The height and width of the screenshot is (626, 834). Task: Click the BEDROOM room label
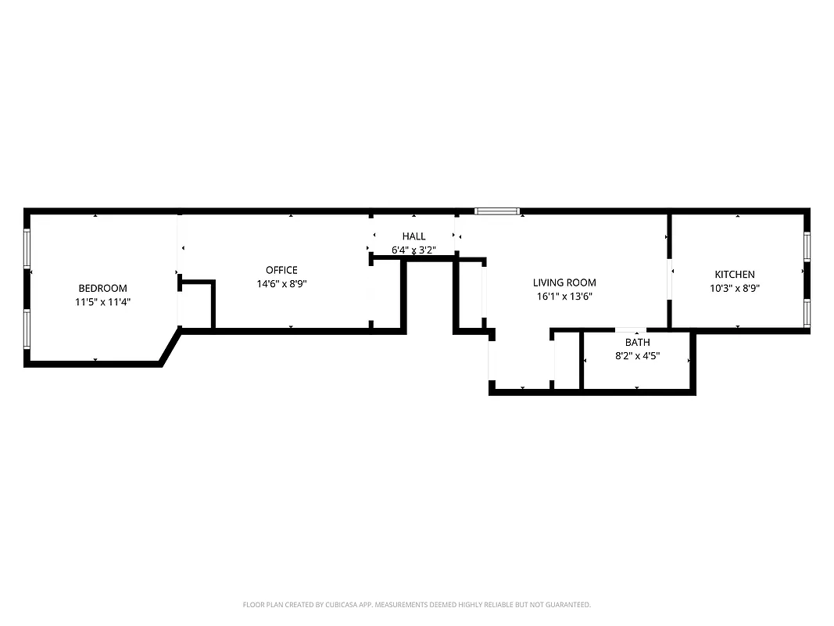pos(102,288)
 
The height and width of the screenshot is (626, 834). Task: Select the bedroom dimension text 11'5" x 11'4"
pos(102,301)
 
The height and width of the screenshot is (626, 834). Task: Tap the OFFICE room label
pos(281,270)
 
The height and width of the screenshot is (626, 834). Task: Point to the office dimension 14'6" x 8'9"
pos(281,284)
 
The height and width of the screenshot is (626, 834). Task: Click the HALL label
pos(413,236)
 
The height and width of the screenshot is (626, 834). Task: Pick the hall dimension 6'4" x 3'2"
pos(413,250)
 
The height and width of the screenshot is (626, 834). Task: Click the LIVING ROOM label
pos(564,282)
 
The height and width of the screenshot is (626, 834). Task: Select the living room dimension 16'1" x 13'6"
pos(564,297)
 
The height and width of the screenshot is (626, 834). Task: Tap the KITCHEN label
pos(735,274)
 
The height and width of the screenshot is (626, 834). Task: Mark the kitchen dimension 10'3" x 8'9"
pos(735,288)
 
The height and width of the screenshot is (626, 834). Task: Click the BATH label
pos(637,342)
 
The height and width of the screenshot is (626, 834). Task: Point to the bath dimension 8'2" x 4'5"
pos(637,355)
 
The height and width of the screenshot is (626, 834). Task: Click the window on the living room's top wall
pos(497,210)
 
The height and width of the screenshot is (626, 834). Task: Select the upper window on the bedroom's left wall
pos(27,250)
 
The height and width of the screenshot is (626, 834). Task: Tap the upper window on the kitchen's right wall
pos(807,245)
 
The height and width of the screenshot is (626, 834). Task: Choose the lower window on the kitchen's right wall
pos(807,311)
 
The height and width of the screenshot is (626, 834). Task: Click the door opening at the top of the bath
pos(630,330)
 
